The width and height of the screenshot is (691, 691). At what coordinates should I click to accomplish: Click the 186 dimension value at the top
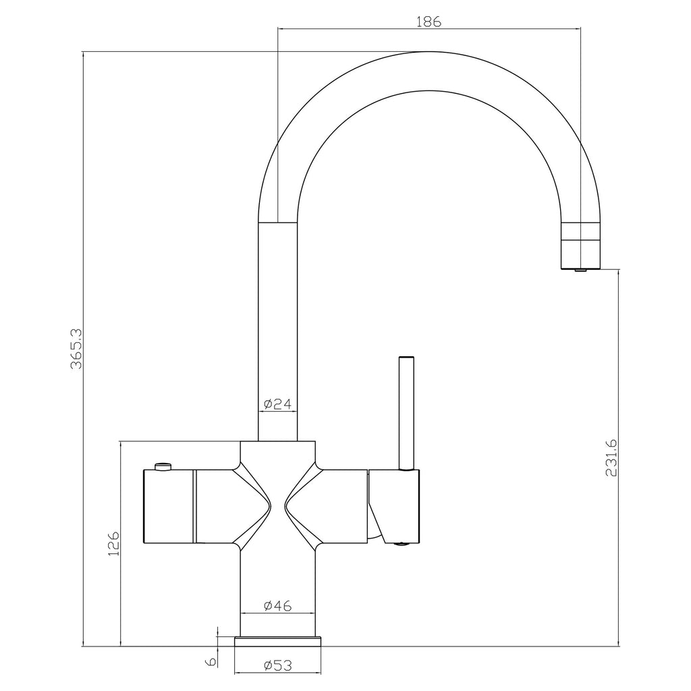[x=429, y=21]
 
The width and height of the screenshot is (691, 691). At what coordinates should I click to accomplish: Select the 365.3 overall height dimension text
[x=76, y=349]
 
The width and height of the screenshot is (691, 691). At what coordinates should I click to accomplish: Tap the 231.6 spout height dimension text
[x=611, y=458]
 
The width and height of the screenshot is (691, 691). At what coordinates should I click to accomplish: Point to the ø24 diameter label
[x=277, y=404]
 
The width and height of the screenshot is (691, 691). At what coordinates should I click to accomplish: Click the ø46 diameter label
[x=277, y=606]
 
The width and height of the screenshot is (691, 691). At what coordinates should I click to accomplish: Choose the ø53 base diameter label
[x=277, y=665]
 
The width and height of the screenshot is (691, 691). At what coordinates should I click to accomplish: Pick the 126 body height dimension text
[x=113, y=543]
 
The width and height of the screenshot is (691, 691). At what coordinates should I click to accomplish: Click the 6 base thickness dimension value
[x=211, y=661]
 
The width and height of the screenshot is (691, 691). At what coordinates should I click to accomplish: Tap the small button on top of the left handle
[x=163, y=466]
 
